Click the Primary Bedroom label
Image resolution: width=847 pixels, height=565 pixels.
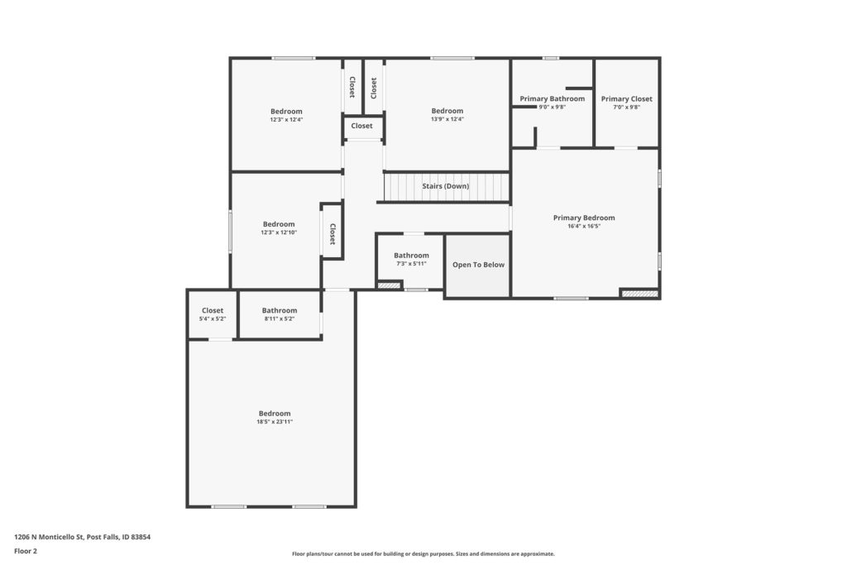(583, 218)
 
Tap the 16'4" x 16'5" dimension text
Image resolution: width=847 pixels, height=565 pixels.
(583, 227)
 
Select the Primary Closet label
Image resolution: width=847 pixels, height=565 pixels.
(627, 98)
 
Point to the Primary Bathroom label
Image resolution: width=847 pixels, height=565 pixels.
(552, 98)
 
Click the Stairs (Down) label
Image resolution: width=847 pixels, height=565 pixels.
(446, 186)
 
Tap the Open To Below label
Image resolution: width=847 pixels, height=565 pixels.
(479, 265)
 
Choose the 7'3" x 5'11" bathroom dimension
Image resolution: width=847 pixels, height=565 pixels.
(411, 264)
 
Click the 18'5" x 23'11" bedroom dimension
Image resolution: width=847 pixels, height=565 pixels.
(275, 422)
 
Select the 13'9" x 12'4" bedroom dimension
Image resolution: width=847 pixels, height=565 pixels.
(447, 119)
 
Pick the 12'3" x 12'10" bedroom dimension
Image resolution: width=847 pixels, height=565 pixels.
(279, 232)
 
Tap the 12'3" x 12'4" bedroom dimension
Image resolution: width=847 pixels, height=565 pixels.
(286, 120)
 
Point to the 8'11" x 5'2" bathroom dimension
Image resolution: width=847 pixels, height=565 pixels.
(280, 319)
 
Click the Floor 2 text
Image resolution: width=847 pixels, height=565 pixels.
(26, 552)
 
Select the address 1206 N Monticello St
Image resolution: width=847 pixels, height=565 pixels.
(49, 538)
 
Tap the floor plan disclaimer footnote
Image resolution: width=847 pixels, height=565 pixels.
(423, 553)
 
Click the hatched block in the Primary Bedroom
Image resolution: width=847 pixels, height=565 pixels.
(640, 294)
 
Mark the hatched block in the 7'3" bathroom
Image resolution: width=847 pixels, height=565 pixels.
(389, 285)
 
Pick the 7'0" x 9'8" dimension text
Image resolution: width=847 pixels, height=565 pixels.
(627, 108)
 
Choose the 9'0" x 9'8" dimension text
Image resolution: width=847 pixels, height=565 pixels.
(552, 108)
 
